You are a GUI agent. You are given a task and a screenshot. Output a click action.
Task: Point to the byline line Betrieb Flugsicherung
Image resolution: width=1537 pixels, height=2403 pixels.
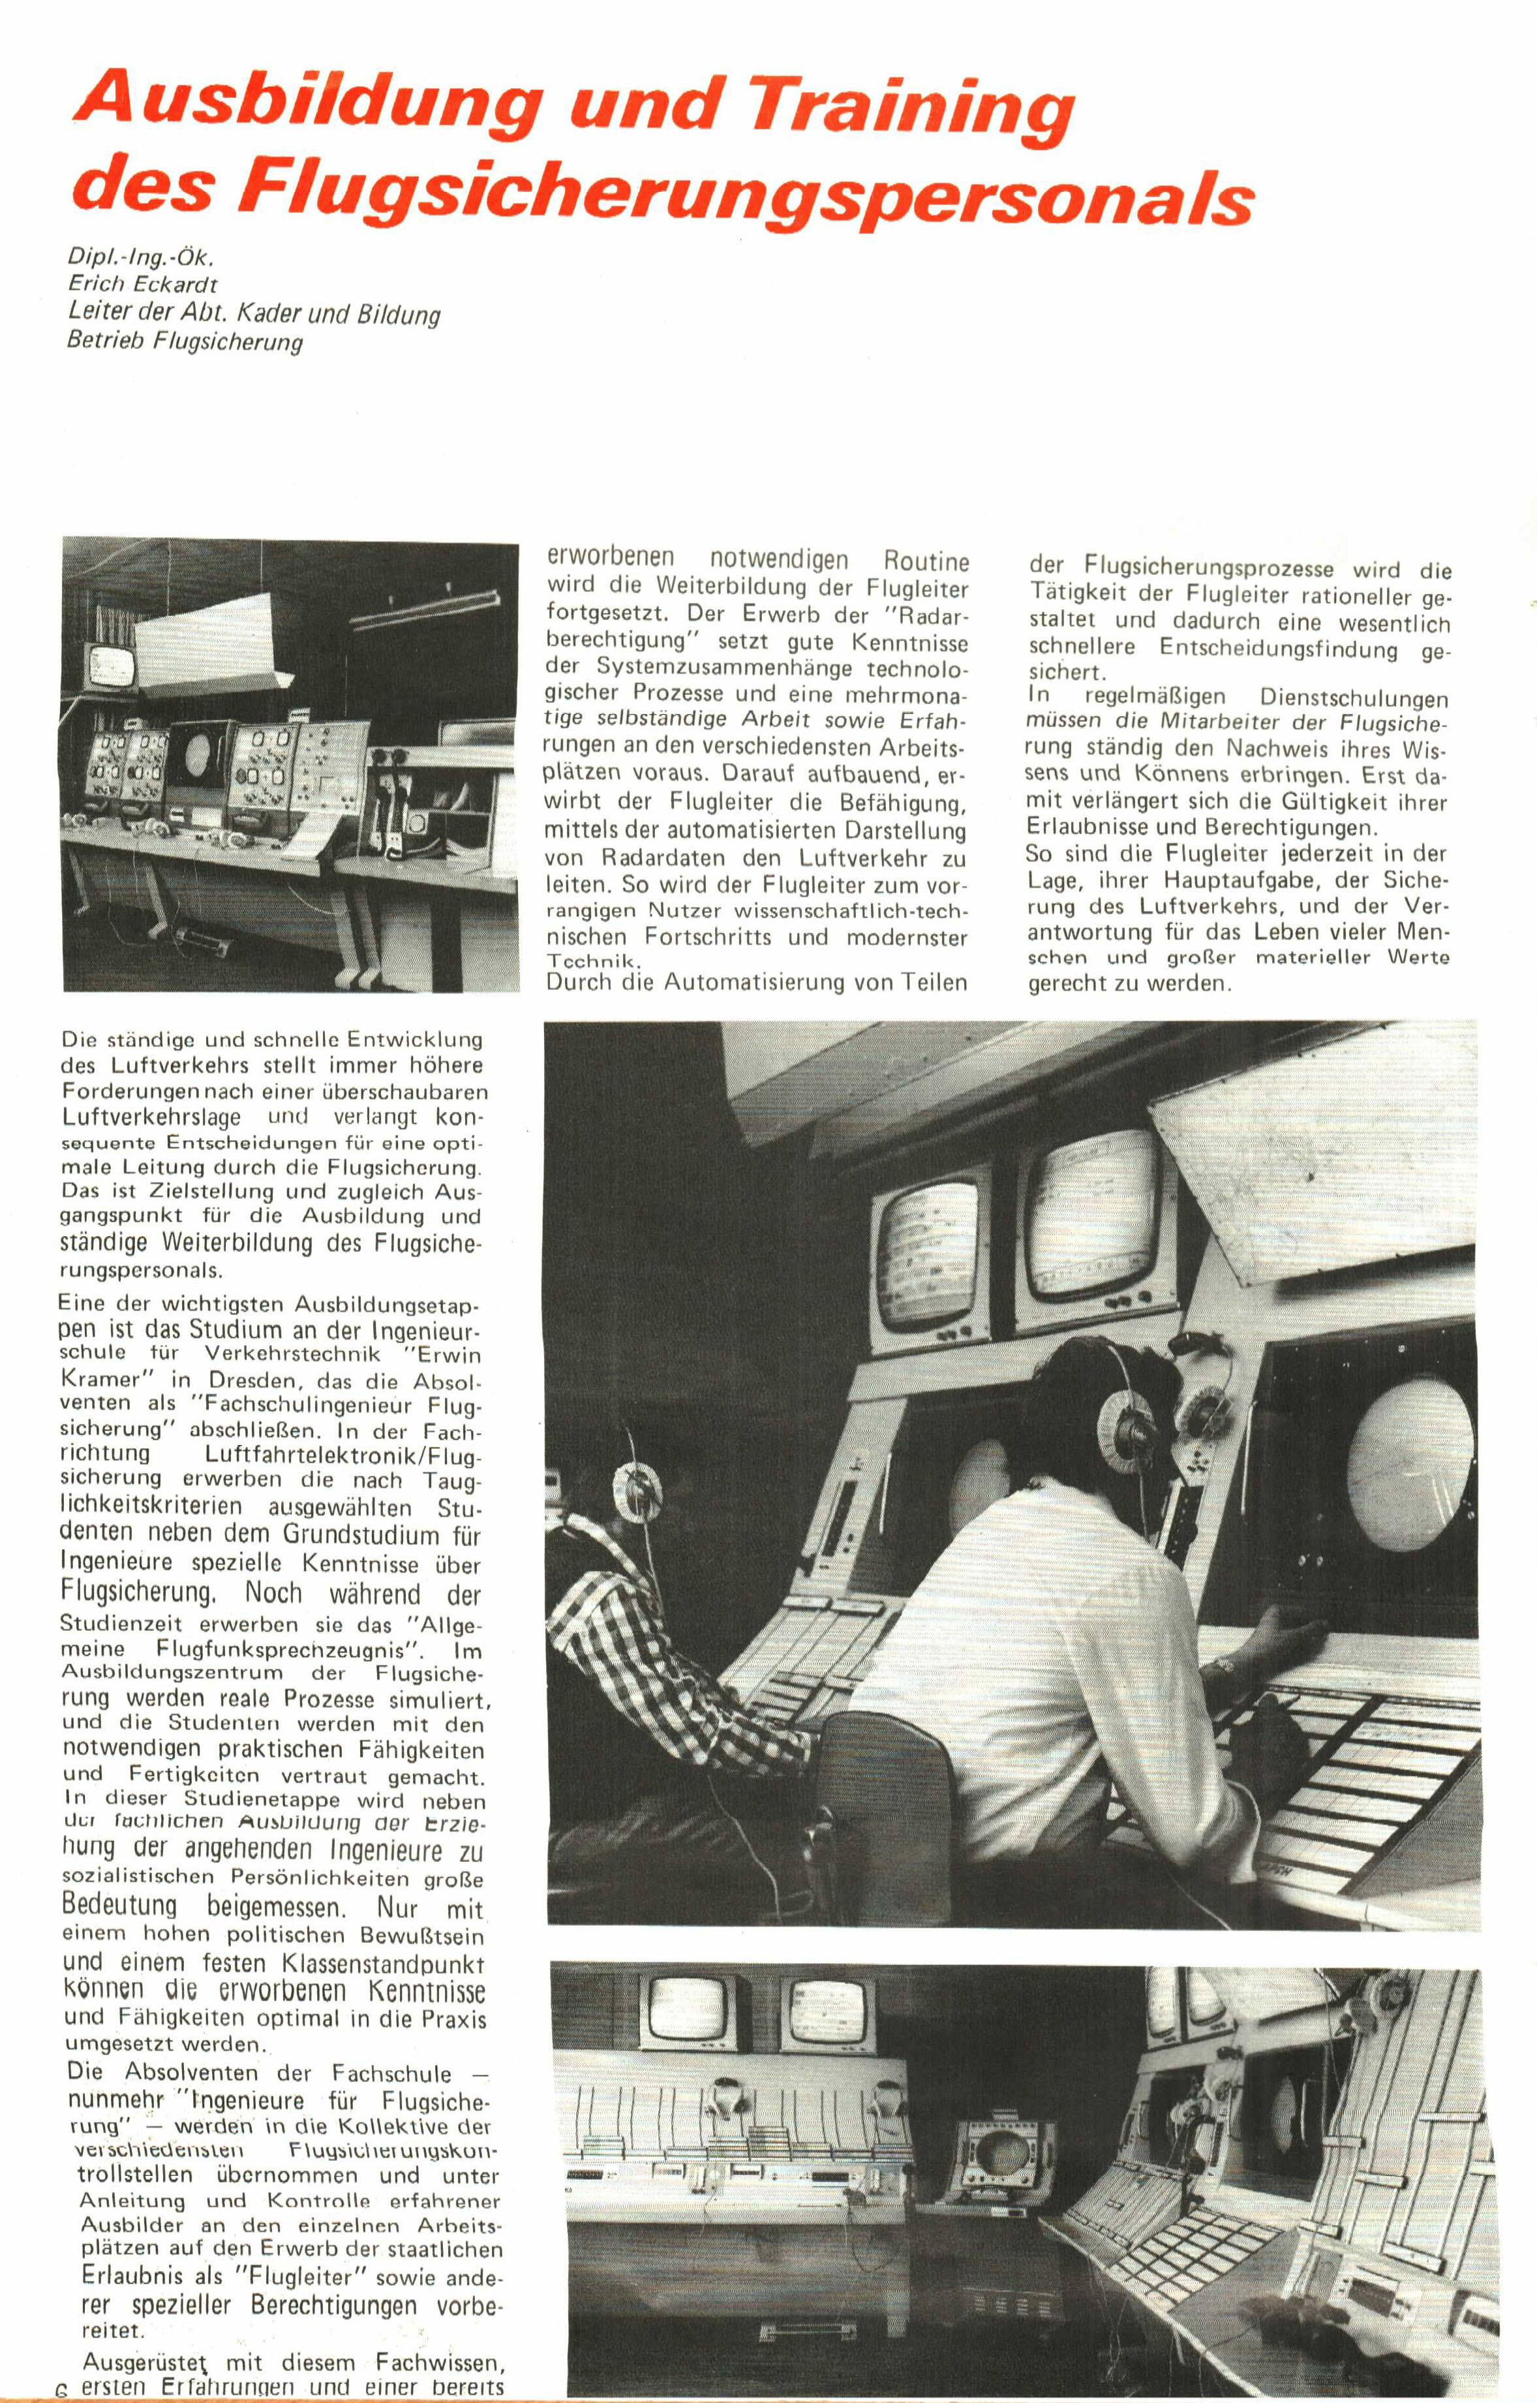(185, 343)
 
